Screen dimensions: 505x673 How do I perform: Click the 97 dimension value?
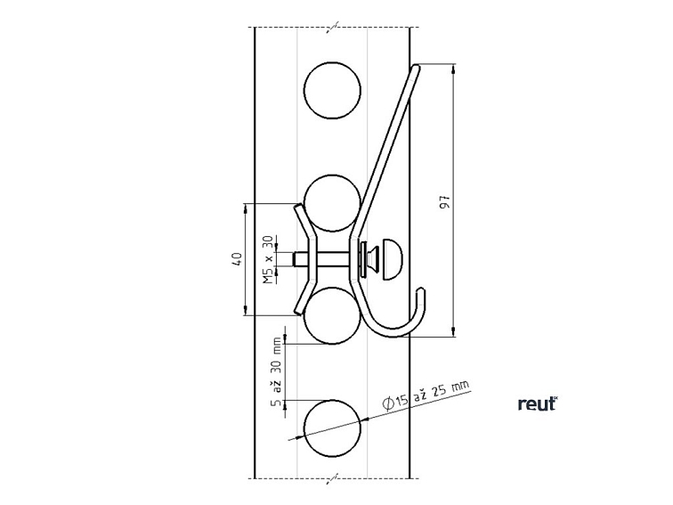[x=445, y=201]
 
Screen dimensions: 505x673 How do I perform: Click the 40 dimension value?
[x=237, y=259]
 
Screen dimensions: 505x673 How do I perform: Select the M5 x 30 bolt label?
[x=268, y=260]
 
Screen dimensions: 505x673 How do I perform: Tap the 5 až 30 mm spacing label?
[x=277, y=373]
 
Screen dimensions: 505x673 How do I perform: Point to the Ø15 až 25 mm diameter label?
[x=426, y=395]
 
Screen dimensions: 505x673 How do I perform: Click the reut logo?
[x=537, y=403]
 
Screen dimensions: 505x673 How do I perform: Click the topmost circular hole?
[x=333, y=90]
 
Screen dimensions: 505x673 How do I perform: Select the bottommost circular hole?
[x=332, y=428]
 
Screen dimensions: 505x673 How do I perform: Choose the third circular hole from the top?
[x=332, y=315]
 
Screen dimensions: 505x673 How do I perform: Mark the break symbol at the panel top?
[x=332, y=29]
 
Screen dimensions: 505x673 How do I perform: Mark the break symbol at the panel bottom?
[x=332, y=478]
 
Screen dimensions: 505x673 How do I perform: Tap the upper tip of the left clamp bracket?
[x=296, y=207]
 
